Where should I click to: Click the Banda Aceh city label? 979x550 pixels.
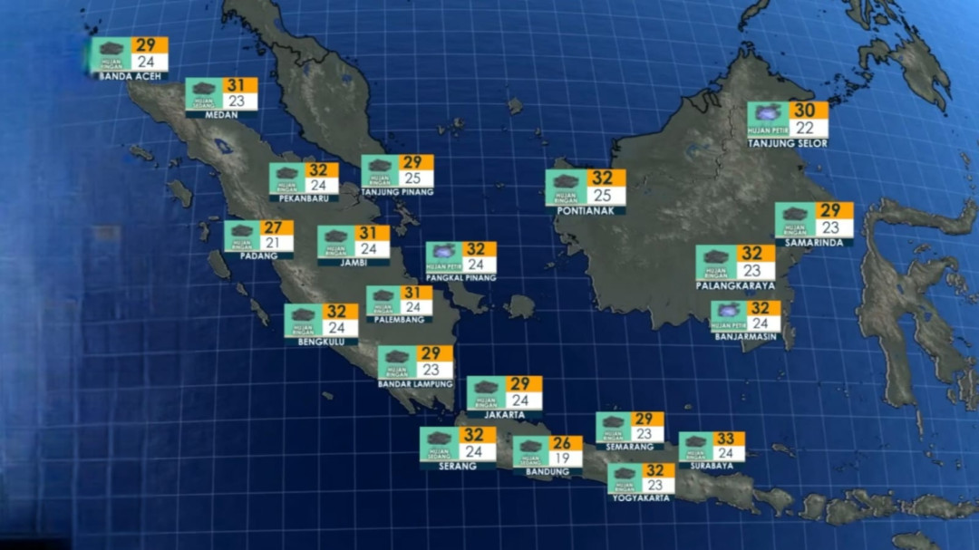coord(130,76)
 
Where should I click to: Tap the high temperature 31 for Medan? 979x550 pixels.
coord(237,85)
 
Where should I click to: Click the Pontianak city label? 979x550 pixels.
coord(586,210)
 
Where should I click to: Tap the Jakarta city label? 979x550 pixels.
coord(504,415)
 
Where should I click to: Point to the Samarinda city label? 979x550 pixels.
coord(814,243)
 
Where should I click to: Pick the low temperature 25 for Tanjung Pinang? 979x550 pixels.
coord(414,179)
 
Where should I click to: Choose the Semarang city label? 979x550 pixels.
coord(629,447)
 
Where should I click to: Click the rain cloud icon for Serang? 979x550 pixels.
coord(438,439)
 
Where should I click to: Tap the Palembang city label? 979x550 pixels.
coord(400,320)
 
